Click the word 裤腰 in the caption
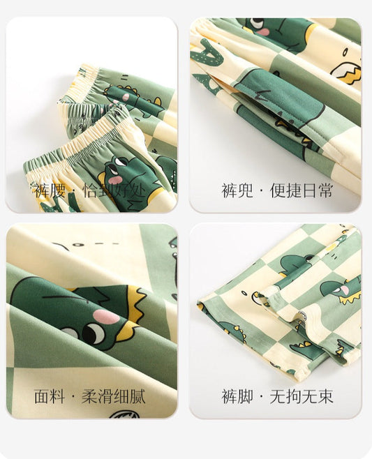50,191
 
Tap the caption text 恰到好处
114,191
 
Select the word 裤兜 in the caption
237,190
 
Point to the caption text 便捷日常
302,190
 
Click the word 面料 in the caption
50,397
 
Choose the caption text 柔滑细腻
113,397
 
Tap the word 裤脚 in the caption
237,397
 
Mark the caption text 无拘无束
302,397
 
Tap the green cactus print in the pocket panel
207,53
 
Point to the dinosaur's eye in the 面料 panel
94,333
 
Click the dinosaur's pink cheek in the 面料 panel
106,316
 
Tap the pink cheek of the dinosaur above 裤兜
265,31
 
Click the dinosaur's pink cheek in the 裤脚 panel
345,290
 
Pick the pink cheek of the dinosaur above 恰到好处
117,180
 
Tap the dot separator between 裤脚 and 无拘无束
261,397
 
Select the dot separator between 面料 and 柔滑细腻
73,397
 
